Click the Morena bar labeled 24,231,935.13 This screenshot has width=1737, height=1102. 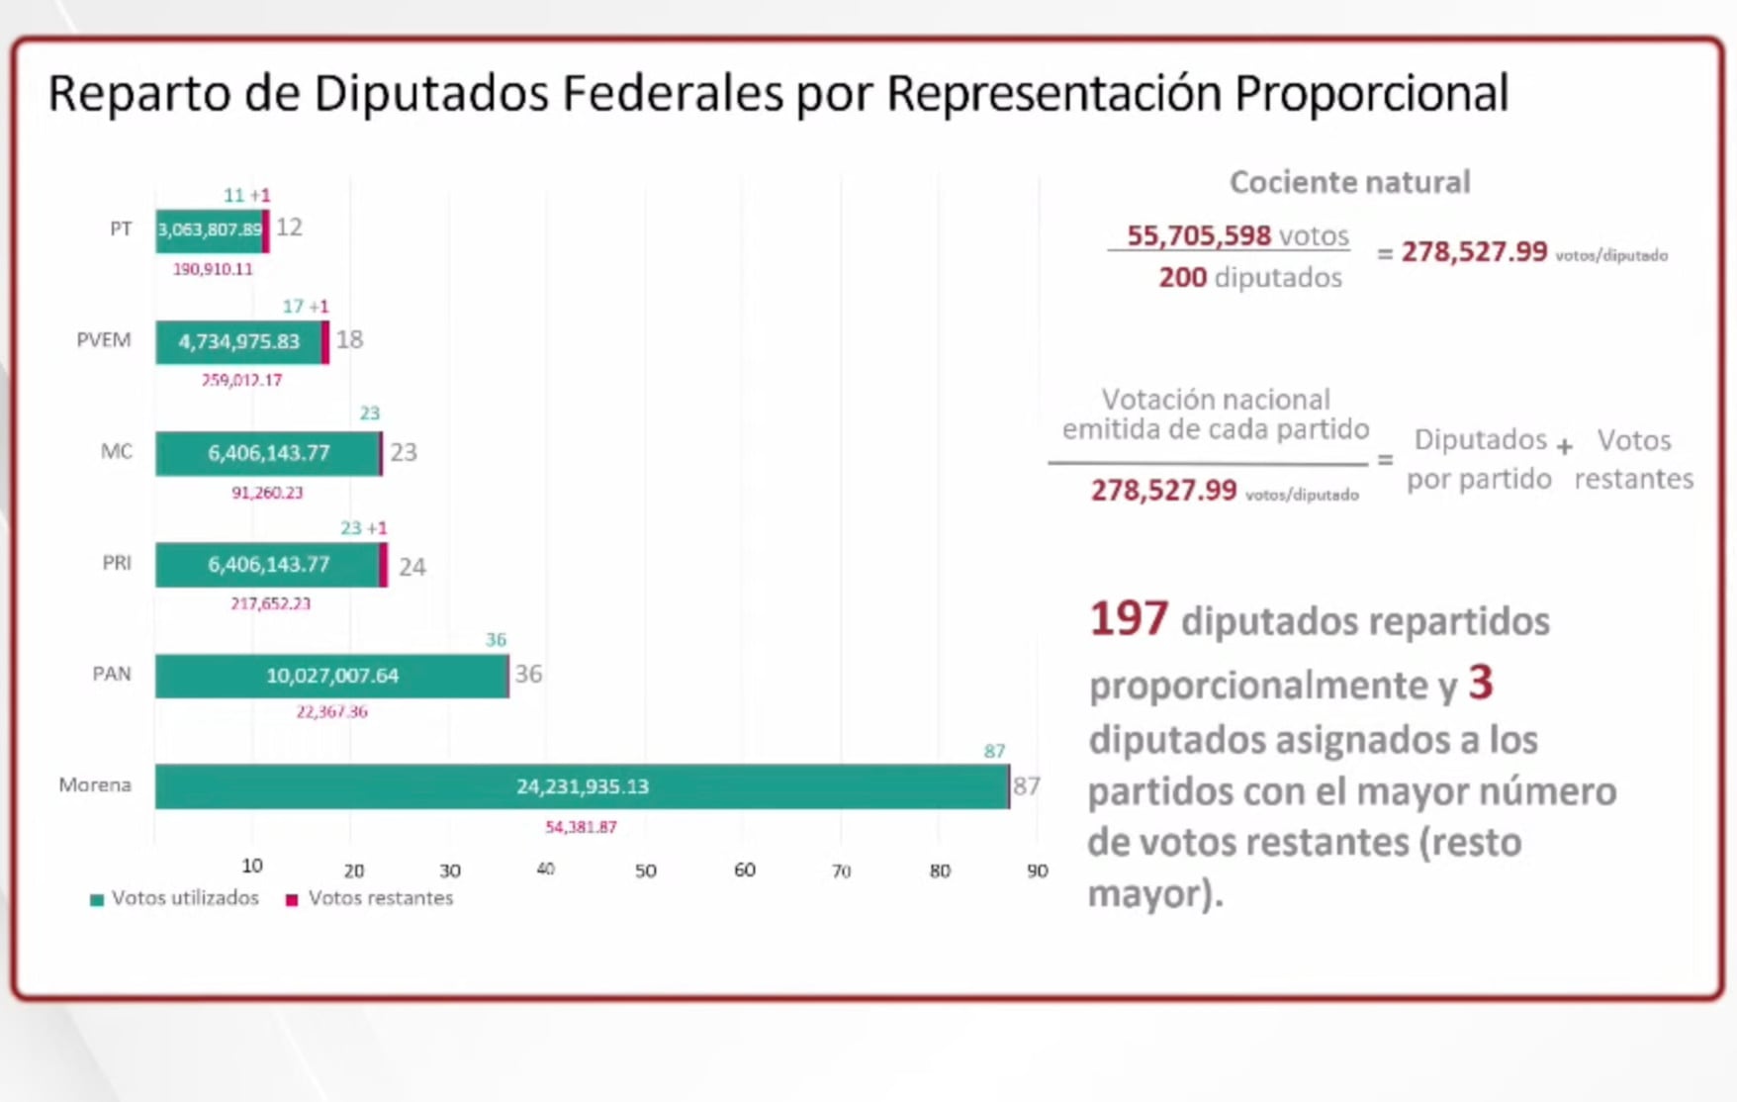[582, 786]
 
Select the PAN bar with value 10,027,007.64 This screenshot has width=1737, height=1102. [331, 676]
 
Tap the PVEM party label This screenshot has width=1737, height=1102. [104, 340]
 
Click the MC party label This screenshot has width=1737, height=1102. [116, 452]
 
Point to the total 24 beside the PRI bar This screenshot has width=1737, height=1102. [411, 567]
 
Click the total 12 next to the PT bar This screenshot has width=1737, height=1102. [289, 228]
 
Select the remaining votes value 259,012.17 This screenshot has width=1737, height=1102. [242, 380]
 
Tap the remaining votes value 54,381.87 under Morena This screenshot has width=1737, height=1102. [581, 827]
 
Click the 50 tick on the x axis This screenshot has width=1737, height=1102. [645, 871]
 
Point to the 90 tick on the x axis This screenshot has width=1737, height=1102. [1037, 871]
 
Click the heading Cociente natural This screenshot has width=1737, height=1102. [1349, 182]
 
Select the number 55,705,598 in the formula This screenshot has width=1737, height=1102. [1198, 235]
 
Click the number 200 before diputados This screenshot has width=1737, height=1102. [1182, 277]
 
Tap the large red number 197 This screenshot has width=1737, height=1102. [1129, 619]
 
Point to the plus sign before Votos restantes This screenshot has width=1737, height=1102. [1564, 447]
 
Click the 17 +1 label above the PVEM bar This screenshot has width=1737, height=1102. [305, 307]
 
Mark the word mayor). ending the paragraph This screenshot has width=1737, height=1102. [1154, 894]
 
